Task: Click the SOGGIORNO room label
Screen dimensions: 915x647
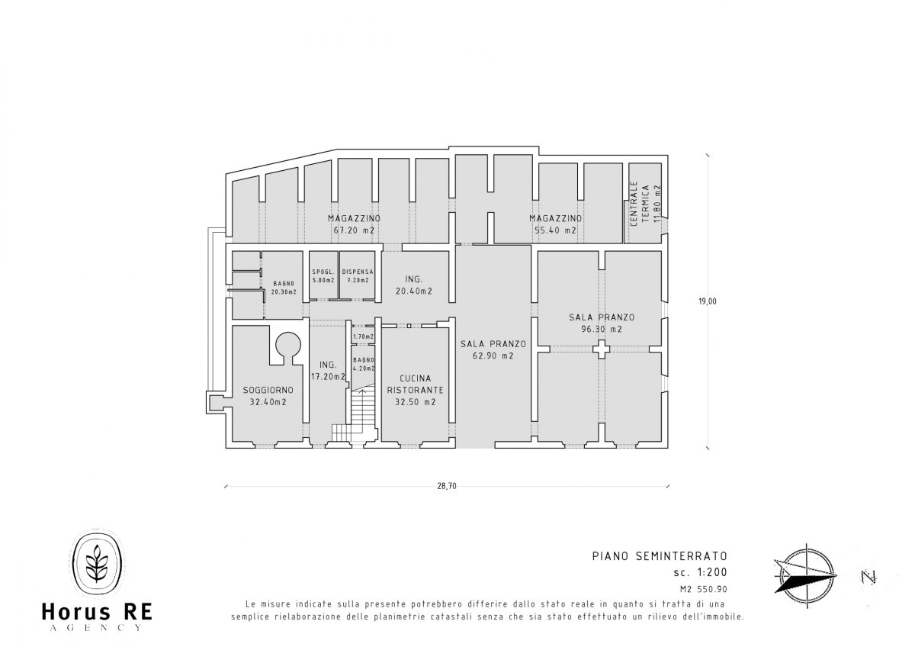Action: pos(268,391)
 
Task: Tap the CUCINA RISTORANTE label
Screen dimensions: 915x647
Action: pos(416,385)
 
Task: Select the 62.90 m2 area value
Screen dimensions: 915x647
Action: pos(493,356)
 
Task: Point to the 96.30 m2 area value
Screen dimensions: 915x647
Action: pos(602,329)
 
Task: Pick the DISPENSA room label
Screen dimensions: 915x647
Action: pos(358,272)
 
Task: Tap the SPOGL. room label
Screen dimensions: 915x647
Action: pos(323,272)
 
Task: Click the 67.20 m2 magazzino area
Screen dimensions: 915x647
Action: pos(354,230)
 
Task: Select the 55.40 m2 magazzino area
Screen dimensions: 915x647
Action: pos(556,230)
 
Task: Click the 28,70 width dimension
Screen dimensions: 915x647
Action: pos(447,486)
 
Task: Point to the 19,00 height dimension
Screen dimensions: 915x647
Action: pos(708,301)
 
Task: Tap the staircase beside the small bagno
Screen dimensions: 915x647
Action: pos(355,413)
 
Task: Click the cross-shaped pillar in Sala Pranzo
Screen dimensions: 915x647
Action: pos(602,349)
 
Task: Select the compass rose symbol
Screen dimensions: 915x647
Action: pos(805,575)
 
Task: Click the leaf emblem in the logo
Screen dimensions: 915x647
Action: pos(97,563)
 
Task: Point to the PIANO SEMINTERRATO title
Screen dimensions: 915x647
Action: pos(660,556)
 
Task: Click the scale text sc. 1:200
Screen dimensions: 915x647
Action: pos(701,572)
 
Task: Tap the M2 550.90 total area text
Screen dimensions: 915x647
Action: pos(704,589)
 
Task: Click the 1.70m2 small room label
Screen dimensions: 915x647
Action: pos(364,336)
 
